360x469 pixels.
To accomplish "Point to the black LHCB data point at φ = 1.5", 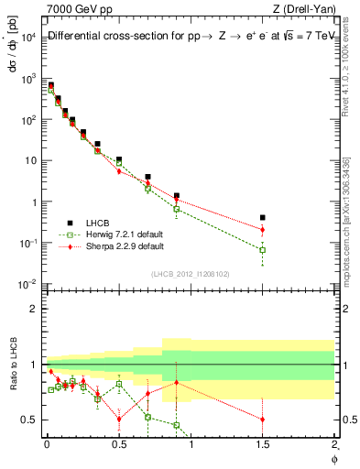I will (263, 218).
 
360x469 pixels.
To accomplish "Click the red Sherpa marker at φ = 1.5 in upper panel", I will (263, 230).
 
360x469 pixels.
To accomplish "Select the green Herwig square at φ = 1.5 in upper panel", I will (263, 249).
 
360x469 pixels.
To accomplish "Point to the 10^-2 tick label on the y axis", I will (29, 284).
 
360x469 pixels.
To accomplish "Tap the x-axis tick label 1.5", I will (263, 444).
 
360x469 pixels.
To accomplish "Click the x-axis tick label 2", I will (334, 444).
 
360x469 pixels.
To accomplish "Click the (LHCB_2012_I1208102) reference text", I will (190, 273).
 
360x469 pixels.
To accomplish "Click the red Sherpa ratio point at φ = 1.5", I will (263, 420).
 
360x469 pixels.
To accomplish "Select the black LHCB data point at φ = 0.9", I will (177, 195).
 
